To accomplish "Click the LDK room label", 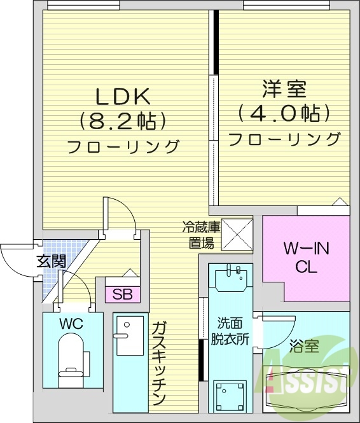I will tap(123, 96).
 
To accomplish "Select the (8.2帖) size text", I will tap(123, 120).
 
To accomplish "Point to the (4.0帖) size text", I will tap(284, 114).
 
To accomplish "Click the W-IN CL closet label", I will tap(306, 258).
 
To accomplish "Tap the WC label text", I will tap(71, 324).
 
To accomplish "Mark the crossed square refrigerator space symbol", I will tap(237, 233).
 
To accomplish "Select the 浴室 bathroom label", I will tap(304, 347).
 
